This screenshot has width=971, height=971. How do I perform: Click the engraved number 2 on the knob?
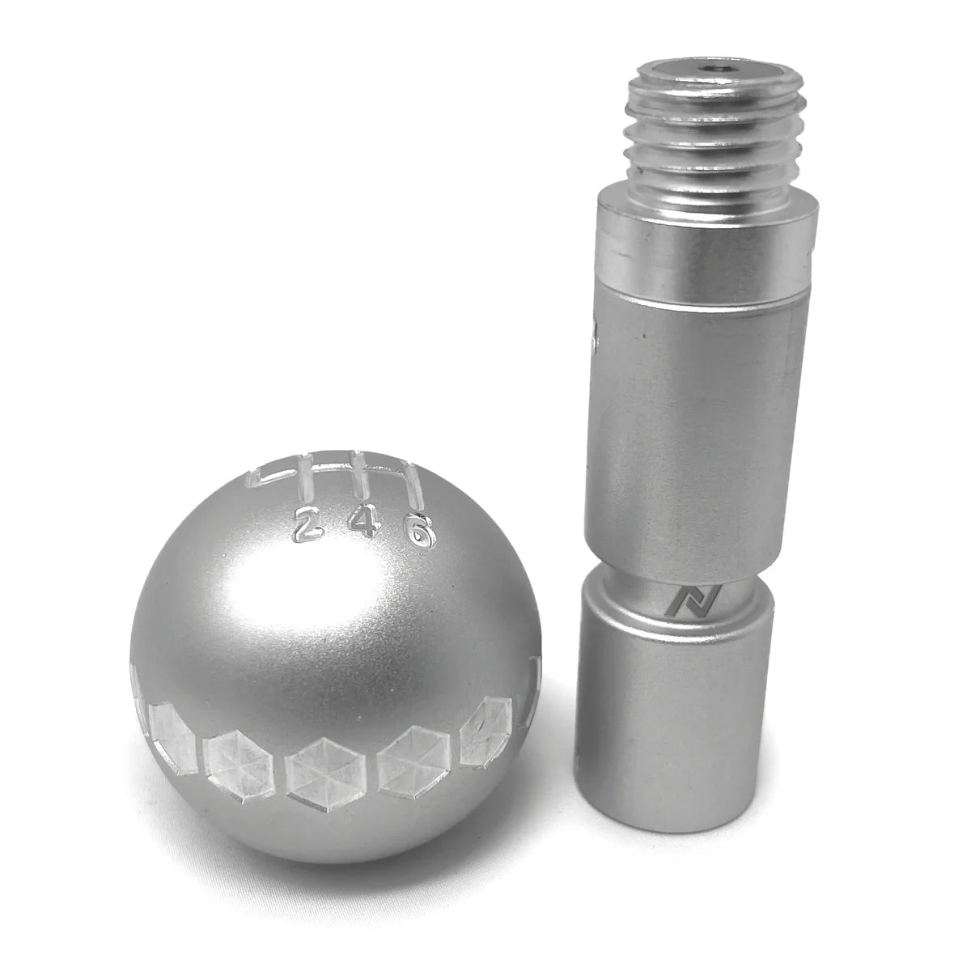point(306,526)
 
